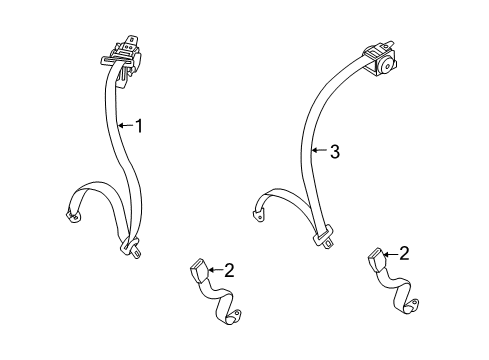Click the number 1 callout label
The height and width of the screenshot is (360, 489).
click(x=140, y=126)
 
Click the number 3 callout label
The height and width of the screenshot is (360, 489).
click(x=335, y=152)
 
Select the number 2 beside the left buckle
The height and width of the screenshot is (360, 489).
click(x=229, y=269)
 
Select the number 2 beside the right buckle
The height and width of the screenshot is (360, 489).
click(x=403, y=254)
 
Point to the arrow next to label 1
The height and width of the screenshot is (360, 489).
click(x=125, y=126)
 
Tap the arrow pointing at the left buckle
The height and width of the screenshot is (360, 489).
click(x=213, y=269)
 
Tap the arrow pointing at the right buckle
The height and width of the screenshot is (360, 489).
click(x=388, y=254)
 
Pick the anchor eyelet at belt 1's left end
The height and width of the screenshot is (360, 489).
click(x=72, y=213)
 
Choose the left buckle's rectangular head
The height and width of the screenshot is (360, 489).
click(x=197, y=270)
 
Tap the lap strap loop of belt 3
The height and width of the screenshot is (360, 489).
click(x=283, y=196)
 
